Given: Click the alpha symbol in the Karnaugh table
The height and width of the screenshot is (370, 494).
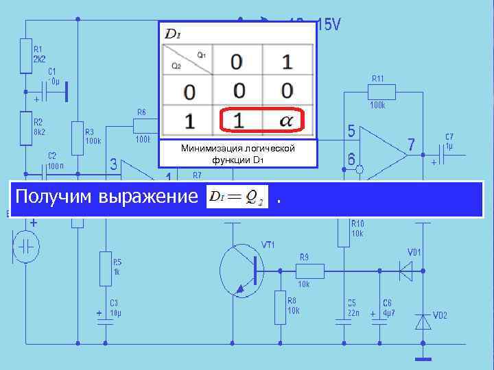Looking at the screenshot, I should coord(287,121).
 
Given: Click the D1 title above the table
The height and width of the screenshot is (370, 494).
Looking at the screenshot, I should coord(173,34).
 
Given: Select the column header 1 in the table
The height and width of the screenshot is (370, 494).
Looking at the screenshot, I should coord(287,62).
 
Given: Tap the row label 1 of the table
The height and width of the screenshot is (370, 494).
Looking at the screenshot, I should coord(189,122).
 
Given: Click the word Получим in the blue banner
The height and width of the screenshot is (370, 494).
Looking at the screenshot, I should coord(55,197).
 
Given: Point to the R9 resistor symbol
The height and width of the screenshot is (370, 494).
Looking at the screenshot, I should coord(305,270).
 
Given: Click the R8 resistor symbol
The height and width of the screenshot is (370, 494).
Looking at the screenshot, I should coord(280,306).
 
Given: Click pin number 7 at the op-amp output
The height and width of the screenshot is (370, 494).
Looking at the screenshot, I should coord(411,145).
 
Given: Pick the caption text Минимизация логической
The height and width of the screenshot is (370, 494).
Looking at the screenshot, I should coord(237,149).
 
